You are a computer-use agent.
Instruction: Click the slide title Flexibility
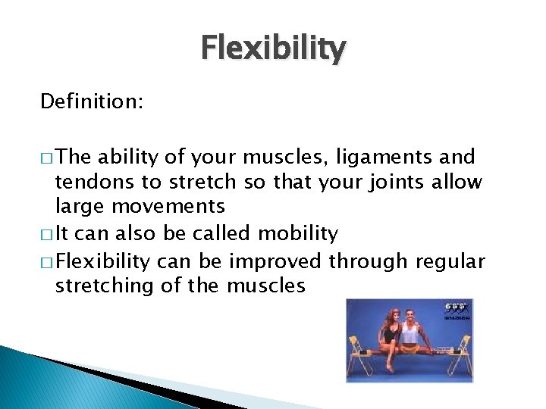point(273,48)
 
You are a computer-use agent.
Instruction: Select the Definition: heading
point(90,101)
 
